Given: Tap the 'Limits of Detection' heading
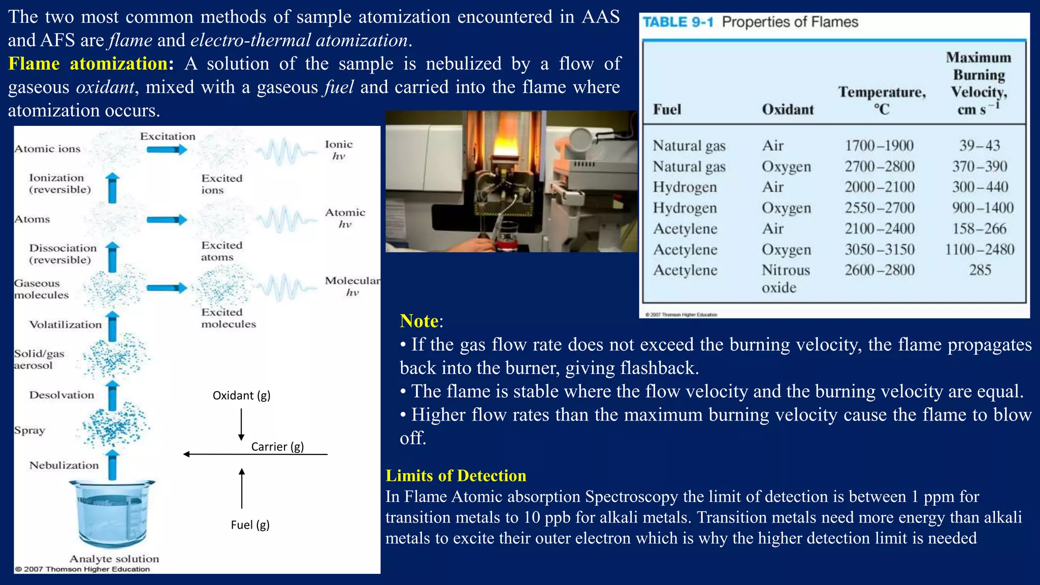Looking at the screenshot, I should [456, 476].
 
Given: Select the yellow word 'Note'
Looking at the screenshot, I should [419, 321].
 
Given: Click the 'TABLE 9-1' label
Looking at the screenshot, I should [678, 22].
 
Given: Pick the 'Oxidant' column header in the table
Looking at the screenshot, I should [788, 110].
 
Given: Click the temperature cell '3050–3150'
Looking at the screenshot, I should [880, 249].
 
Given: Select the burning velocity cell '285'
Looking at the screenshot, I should [980, 270].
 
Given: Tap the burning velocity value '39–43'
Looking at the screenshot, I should [980, 146].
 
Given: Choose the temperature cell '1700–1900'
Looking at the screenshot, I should [879, 146].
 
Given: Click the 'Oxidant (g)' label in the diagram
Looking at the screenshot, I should [241, 396].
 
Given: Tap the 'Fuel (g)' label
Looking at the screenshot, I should [250, 525].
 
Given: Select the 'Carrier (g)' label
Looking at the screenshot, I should [277, 447].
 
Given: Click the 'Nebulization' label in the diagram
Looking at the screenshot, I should [64, 466].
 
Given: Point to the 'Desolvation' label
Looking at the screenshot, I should [61, 395].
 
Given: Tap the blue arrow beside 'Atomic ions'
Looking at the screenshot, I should [167, 149].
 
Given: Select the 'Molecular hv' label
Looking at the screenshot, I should [352, 286].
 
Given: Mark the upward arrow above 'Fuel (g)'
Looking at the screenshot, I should [242, 487].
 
